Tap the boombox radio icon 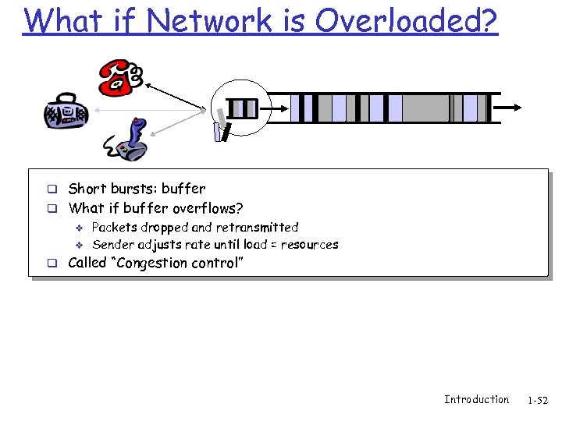(x=66, y=114)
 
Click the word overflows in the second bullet (x=209, y=208)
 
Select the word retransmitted (x=256, y=228)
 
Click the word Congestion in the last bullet (x=150, y=263)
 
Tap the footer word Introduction (x=476, y=400)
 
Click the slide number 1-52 (x=538, y=401)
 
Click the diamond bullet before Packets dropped (x=78, y=228)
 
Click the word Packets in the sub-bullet (x=115, y=228)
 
